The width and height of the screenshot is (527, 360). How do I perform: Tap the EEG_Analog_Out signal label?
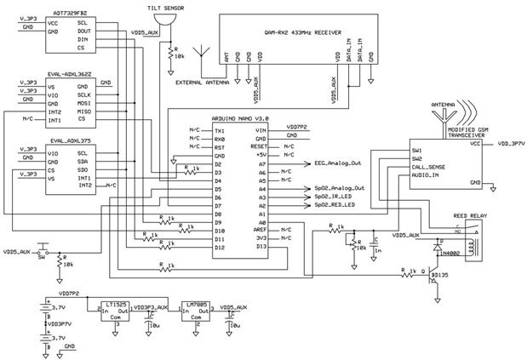coord(339,163)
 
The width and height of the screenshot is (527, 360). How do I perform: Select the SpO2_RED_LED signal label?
coord(338,206)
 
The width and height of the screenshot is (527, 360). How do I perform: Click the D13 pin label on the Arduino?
coord(261,248)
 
